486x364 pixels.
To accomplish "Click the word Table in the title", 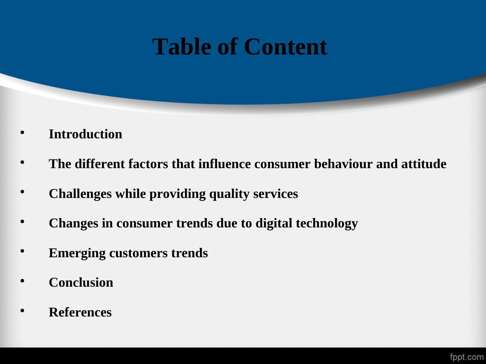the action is (x=182, y=47).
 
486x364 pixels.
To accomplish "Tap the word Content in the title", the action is (x=285, y=47).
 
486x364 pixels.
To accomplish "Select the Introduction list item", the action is (x=85, y=134).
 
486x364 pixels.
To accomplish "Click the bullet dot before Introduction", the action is (x=22, y=133).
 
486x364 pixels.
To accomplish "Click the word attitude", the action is (x=424, y=164).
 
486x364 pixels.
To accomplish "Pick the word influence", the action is (x=225, y=164).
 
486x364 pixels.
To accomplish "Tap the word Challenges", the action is (x=80, y=194).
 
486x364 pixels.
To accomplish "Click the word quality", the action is (x=229, y=194).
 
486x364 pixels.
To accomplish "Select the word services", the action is (x=276, y=194).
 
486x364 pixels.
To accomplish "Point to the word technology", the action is (x=327, y=223).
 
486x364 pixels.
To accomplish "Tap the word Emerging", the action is (x=77, y=253).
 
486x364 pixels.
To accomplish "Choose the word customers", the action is (x=139, y=253).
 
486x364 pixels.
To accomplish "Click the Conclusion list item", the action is (x=81, y=283).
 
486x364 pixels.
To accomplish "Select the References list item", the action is (x=80, y=312).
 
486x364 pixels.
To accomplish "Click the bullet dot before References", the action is (x=22, y=311).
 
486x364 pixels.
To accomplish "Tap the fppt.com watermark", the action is (x=467, y=357).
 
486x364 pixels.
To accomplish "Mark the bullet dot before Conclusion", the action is (x=22, y=281).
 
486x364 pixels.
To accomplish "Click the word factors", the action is (x=148, y=164).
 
